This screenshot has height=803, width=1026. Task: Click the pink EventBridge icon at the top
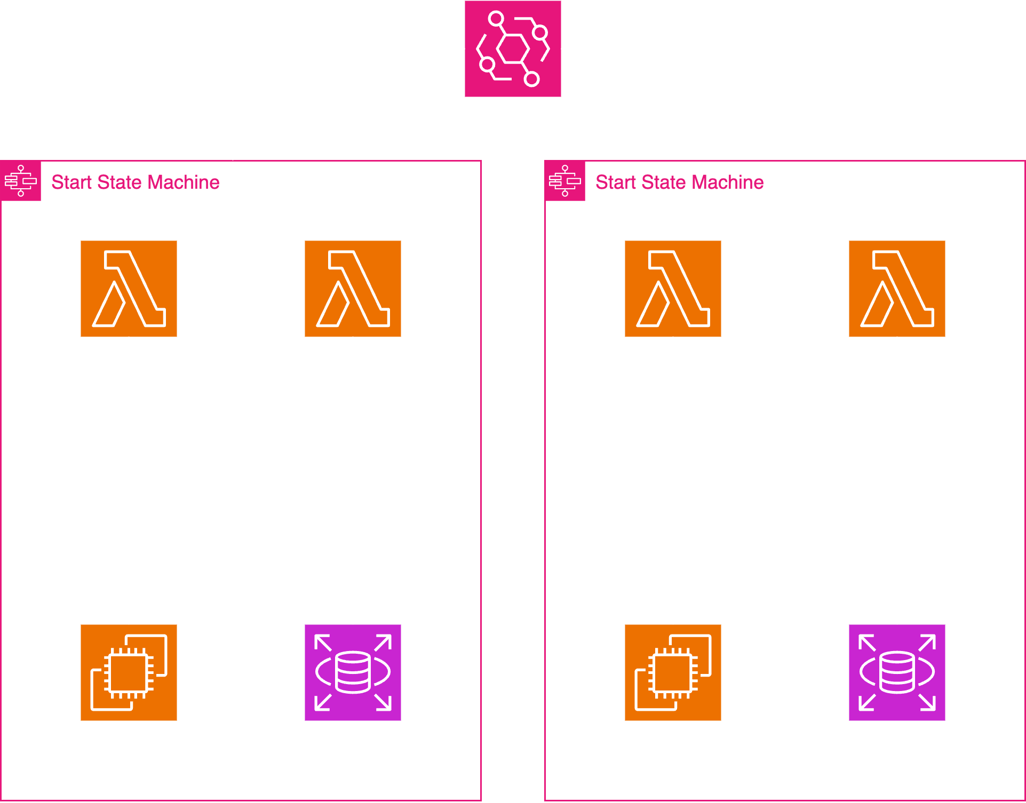[x=513, y=49]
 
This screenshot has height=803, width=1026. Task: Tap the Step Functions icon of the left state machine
[x=21, y=181]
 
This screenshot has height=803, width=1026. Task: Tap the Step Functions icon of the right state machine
[x=565, y=181]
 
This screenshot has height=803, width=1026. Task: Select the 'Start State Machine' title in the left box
[x=135, y=182]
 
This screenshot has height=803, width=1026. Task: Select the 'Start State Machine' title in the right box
[x=679, y=182]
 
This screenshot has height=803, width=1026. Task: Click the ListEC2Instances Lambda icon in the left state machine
[x=129, y=288]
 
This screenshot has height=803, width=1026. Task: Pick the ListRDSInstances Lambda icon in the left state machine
[x=353, y=288]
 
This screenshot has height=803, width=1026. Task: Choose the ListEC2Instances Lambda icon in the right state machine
[x=673, y=288]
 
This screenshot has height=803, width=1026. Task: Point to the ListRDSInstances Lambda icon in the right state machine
[x=897, y=288]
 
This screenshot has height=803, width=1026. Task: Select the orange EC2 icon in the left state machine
[x=129, y=672]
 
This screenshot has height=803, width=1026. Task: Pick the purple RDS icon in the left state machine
[x=353, y=672]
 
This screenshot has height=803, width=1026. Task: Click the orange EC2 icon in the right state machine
[x=673, y=672]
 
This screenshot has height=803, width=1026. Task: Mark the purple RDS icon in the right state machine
[x=897, y=672]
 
